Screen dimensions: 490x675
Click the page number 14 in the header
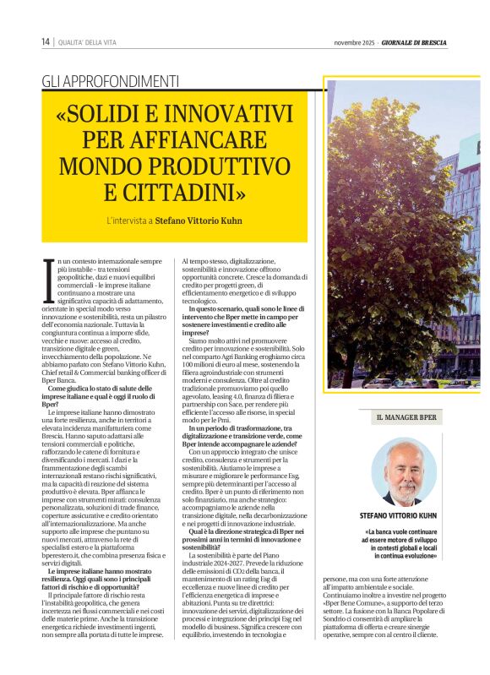click(x=45, y=42)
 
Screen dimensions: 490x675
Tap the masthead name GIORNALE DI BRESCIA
click(x=414, y=42)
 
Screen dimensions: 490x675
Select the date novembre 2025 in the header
click(x=355, y=42)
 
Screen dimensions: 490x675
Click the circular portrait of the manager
click(x=402, y=471)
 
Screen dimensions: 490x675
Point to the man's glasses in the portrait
click(x=403, y=467)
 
